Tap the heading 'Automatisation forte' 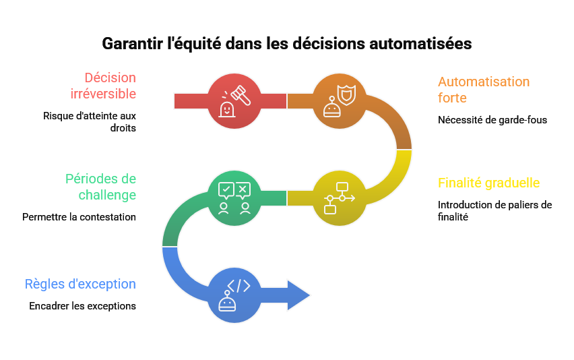[484, 90]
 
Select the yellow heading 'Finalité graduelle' [488, 183]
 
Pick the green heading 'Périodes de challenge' [100, 187]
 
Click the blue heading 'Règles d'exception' [80, 284]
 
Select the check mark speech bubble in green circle [226, 189]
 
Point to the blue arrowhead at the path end [298, 295]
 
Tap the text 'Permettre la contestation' [79, 217]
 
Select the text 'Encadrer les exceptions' [82, 306]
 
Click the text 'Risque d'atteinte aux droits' [90, 121]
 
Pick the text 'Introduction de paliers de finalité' [494, 210]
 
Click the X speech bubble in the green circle [243, 189]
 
